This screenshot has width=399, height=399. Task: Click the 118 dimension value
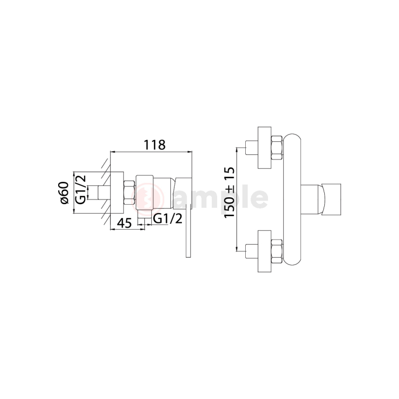[155, 145]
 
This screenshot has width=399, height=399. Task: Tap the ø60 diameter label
[64, 193]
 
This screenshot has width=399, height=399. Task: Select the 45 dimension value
[125, 223]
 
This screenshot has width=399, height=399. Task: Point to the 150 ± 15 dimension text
[229, 192]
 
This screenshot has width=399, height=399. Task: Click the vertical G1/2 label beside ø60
[81, 190]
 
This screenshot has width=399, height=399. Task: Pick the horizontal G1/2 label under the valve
[168, 219]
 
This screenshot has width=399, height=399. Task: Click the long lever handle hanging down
[188, 231]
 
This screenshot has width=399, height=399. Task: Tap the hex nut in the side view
[129, 192]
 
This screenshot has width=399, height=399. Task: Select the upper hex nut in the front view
[276, 148]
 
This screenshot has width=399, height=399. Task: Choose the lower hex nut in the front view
[276, 251]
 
